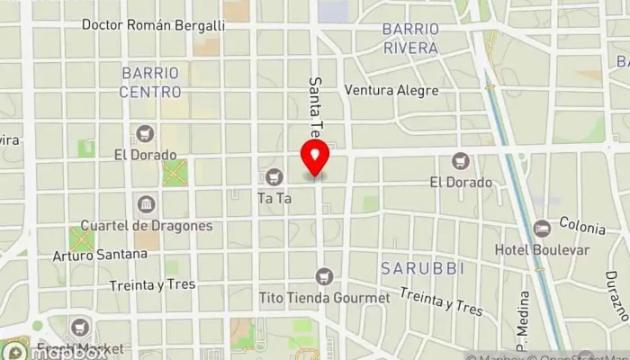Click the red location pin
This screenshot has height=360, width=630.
click(315, 160)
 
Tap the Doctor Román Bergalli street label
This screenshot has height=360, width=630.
click(153, 25)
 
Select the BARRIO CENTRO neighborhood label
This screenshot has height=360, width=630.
click(150, 81)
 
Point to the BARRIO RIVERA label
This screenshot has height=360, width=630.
click(410, 38)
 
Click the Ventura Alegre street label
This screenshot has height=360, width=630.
click(391, 90)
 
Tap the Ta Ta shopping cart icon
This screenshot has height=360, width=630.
click(274, 176)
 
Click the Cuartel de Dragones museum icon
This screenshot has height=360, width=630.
click(146, 203)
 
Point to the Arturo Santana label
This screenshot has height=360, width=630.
click(100, 254)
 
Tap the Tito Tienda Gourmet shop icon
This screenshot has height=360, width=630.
click(335, 275)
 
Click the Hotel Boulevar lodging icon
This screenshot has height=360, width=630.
click(542, 229)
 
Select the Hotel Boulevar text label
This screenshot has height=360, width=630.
click(542, 249)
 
